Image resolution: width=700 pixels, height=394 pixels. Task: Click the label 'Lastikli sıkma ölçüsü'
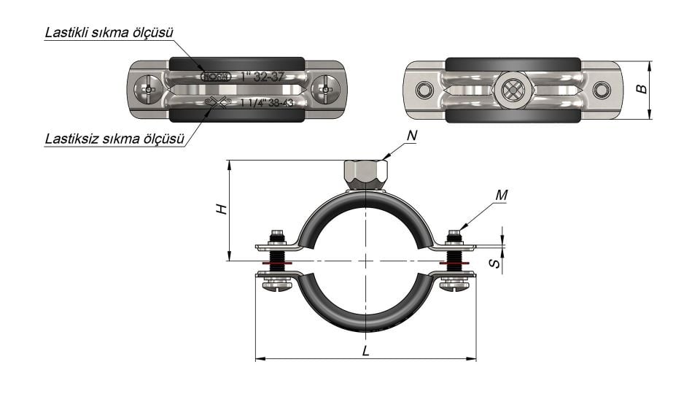tap(109, 32)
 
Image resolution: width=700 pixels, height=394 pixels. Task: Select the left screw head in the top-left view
tap(149, 90)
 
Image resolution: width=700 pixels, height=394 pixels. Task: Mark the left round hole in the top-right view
tap(423, 90)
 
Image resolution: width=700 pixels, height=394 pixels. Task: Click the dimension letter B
tap(640, 89)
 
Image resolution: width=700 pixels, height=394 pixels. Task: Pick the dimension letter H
tap(223, 209)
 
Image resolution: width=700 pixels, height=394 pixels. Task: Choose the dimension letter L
tap(365, 350)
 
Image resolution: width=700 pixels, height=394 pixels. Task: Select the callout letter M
tap(500, 195)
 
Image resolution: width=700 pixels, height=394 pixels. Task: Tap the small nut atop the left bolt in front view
tap(276, 236)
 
